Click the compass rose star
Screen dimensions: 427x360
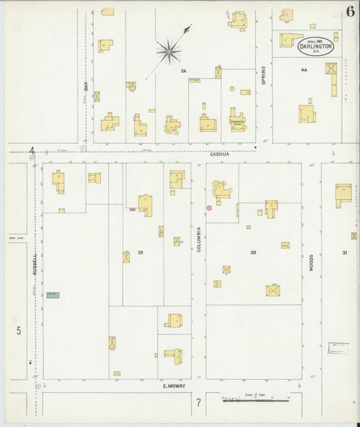coord(168,50)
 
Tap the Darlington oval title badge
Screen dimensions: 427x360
coord(315,46)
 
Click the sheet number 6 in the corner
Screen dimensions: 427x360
coord(350,11)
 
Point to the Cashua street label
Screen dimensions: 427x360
coord(220,154)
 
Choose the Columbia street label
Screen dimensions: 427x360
coord(199,238)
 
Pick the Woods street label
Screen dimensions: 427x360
coord(311,262)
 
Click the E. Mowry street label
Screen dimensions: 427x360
coord(174,388)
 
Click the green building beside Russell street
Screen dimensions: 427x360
coord(53,295)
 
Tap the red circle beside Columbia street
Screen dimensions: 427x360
coord(209,207)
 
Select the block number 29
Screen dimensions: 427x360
coord(140,252)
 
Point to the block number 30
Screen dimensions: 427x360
coord(253,252)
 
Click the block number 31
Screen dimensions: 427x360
coord(345,253)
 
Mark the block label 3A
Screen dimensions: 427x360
coord(182,71)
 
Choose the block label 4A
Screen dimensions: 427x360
coord(303,70)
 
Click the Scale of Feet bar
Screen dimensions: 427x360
coord(256,401)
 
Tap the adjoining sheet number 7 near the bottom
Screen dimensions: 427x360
coord(199,403)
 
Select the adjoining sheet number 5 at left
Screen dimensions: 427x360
coord(19,330)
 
